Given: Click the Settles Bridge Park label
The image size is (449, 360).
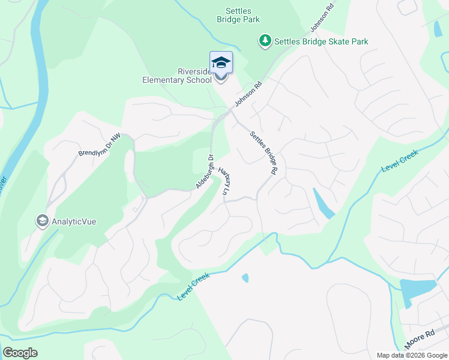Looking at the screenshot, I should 238,15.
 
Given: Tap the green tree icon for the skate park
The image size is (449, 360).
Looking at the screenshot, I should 265,41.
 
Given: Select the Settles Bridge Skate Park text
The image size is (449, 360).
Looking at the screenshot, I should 321,41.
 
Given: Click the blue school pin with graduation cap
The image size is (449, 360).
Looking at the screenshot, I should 221,64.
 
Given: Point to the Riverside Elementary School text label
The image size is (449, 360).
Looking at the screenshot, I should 178,76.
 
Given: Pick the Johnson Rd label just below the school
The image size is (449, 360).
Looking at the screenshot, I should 249,94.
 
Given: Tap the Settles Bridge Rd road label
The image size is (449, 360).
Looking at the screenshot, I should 264,152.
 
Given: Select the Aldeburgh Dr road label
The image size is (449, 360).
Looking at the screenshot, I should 205,172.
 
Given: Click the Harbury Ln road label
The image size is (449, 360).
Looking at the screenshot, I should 224,180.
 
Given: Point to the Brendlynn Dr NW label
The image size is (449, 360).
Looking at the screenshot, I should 100,145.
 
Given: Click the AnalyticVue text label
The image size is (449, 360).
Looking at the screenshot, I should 74,221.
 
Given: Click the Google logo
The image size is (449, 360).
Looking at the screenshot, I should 20,353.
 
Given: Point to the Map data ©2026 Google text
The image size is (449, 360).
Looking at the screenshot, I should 412,355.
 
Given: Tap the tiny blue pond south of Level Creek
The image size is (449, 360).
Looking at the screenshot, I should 245,278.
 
